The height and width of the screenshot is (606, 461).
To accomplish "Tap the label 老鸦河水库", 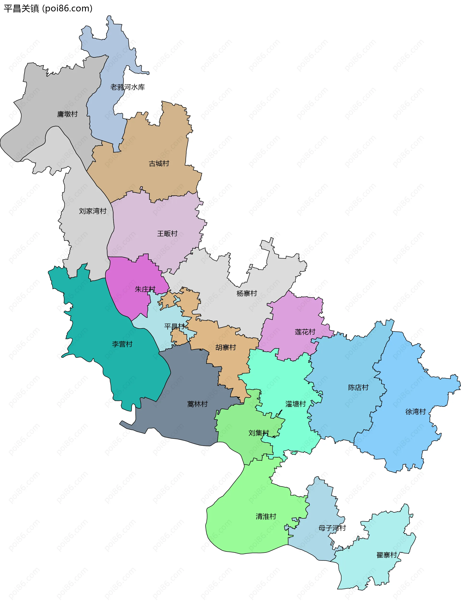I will pyautogui.click(x=127, y=87).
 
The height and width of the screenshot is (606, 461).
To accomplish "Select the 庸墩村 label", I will pyautogui.click(x=67, y=114).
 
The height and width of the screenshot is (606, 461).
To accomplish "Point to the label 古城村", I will pyautogui.click(x=159, y=164).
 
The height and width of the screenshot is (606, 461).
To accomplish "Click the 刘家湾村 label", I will pyautogui.click(x=92, y=211).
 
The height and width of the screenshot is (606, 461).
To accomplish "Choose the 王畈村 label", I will pyautogui.click(x=167, y=234).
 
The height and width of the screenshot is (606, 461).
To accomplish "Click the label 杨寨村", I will pyautogui.click(x=247, y=294).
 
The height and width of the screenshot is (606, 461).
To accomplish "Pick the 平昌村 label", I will pyautogui.click(x=174, y=326).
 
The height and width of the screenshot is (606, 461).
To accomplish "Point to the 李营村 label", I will pyautogui.click(x=122, y=344).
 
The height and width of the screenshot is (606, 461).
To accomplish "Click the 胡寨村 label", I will pyautogui.click(x=225, y=348).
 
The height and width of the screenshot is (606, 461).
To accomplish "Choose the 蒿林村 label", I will pyautogui.click(x=197, y=404).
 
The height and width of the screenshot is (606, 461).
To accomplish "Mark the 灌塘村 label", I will pyautogui.click(x=296, y=404).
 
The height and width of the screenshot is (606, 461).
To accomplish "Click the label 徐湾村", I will pyautogui.click(x=415, y=412).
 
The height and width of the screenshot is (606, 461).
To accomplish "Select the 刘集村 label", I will pyautogui.click(x=259, y=433).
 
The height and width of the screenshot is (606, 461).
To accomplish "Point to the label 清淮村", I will pyautogui.click(x=266, y=516).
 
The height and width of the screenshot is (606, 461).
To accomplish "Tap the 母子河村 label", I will pyautogui.click(x=332, y=528).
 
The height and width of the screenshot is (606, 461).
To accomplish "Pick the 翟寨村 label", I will pyautogui.click(x=387, y=555).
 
